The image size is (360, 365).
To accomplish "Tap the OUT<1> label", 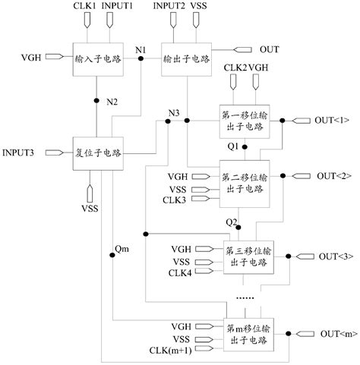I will click(332, 120).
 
